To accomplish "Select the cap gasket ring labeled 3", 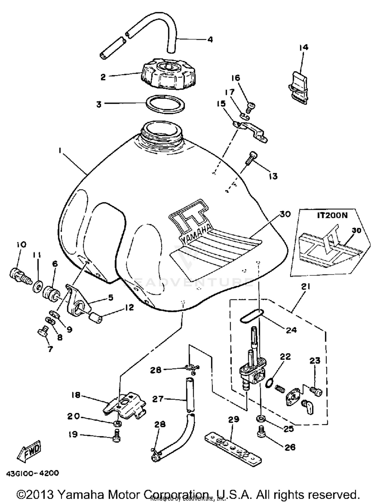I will [165, 104].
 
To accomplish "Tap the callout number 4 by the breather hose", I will [210, 39].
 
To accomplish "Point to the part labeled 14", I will [298, 88].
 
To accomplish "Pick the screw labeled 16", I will [251, 107].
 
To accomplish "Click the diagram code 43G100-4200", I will [32, 473].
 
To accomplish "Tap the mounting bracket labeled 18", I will [125, 404].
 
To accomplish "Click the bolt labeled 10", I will [21, 276].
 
